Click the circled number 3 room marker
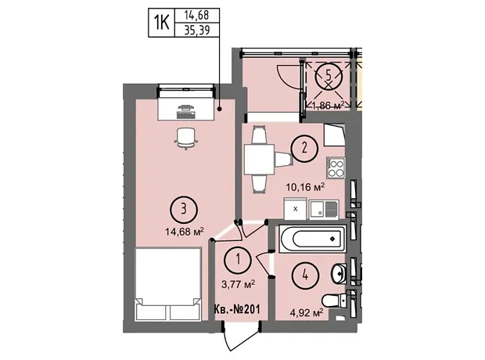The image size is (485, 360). click(184, 210)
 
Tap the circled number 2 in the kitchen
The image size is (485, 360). click(304, 148)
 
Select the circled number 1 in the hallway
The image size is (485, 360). click(238, 259)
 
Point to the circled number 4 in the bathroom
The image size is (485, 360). click(306, 275)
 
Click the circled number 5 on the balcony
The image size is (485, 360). click(329, 75)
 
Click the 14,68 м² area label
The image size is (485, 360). click(185, 231)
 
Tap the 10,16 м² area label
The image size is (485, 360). click(305, 187)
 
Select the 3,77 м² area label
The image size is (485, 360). click(238, 284)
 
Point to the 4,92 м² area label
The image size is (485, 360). click(307, 313)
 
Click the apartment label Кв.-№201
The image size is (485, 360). click(237, 309)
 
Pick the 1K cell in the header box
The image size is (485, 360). click(162, 23)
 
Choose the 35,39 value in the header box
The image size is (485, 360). click(197, 30)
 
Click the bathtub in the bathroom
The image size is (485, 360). click(312, 239)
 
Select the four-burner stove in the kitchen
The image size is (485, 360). click(336, 168)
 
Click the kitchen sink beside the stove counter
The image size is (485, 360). click(324, 209)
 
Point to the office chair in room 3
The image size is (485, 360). click(186, 138)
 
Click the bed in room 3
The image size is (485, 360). click(168, 284)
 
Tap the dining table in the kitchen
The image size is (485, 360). click(259, 160)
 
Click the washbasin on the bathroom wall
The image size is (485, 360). click(339, 274)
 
